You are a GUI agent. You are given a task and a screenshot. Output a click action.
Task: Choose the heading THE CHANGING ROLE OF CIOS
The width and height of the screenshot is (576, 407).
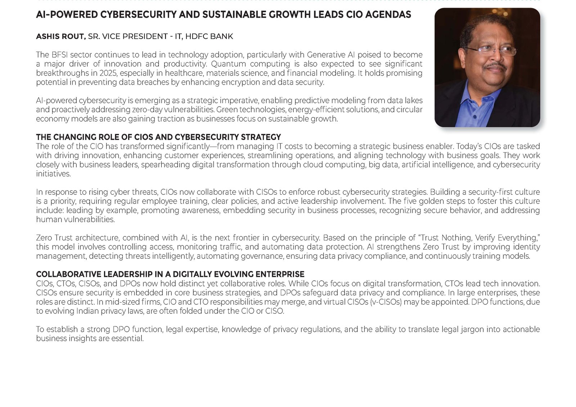(158, 137)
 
